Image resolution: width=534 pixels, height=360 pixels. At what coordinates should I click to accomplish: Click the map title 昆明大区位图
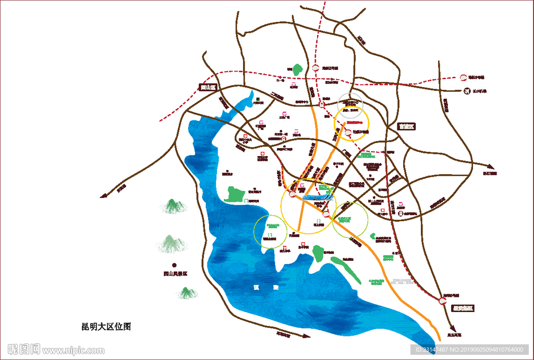click(x=106, y=327)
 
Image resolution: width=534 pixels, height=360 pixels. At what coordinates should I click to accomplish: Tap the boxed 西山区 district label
click(x=208, y=88)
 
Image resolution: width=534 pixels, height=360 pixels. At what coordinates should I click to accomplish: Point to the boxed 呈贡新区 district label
click(x=463, y=308)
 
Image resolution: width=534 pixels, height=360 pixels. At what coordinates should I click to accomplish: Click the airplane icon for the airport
click(x=465, y=91)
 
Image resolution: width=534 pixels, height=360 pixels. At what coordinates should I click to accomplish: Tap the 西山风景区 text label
click(x=175, y=273)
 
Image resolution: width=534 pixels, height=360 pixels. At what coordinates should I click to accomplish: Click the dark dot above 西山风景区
click(x=175, y=265)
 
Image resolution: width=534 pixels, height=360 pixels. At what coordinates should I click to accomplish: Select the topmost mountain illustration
click(x=174, y=206)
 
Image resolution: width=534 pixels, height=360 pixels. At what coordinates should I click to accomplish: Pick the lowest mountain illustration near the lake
click(x=187, y=293)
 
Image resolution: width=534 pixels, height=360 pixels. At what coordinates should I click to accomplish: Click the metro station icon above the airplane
click(x=462, y=78)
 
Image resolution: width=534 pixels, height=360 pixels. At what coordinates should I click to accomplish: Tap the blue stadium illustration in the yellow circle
click(x=315, y=197)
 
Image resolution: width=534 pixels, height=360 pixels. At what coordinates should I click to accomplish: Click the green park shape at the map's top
click(x=297, y=69)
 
